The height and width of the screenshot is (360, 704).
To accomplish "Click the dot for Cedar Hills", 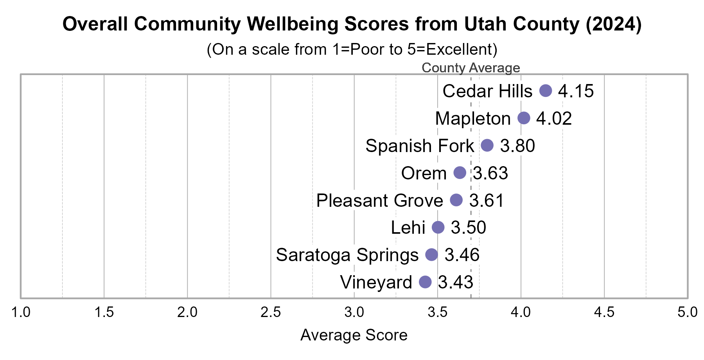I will (x=546, y=91).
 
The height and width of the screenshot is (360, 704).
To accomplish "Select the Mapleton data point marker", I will (x=524, y=118).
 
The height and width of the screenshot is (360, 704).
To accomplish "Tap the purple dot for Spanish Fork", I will (x=487, y=145).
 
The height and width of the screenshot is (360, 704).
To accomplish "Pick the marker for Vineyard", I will (x=425, y=282).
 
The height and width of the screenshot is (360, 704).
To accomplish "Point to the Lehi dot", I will (x=438, y=227).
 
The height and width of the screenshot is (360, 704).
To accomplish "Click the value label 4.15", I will (x=576, y=91).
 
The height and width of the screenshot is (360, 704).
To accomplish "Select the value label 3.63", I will (x=490, y=173).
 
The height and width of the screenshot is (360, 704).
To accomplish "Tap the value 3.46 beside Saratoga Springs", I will (x=462, y=255).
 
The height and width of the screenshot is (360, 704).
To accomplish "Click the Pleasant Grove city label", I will (x=379, y=201).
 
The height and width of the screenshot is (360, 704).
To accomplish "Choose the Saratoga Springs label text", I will (x=347, y=255).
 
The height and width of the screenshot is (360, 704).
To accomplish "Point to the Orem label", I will (x=424, y=173).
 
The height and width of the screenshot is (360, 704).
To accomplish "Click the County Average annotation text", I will (x=471, y=68).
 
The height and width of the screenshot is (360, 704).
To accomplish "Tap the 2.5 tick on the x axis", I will (x=271, y=312).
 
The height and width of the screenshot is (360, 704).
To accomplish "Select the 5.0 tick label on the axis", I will (x=687, y=312).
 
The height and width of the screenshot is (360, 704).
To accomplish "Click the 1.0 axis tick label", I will (x=21, y=312).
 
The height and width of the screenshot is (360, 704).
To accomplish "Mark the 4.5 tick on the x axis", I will (x=604, y=312).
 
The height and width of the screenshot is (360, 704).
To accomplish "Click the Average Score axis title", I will (x=354, y=335).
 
